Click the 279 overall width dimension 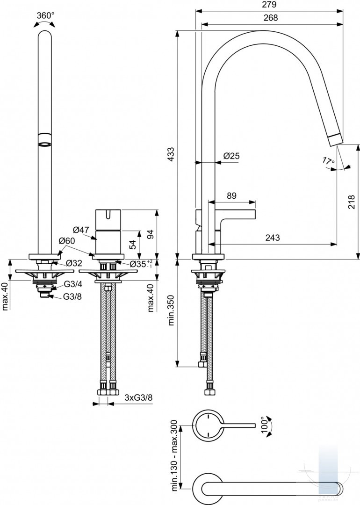pos(270,5)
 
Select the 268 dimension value pos(271,18)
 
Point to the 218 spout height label pos(352,202)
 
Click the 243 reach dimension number pos(273,238)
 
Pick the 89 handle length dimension pos(231,195)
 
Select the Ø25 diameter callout pos(231,156)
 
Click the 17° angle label pos(328,161)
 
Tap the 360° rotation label pos(45,15)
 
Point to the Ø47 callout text pos(81,230)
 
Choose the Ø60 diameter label pos(67,241)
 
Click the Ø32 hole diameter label pos(74,263)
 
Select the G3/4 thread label pos(73,284)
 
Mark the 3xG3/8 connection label pos(138,397)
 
